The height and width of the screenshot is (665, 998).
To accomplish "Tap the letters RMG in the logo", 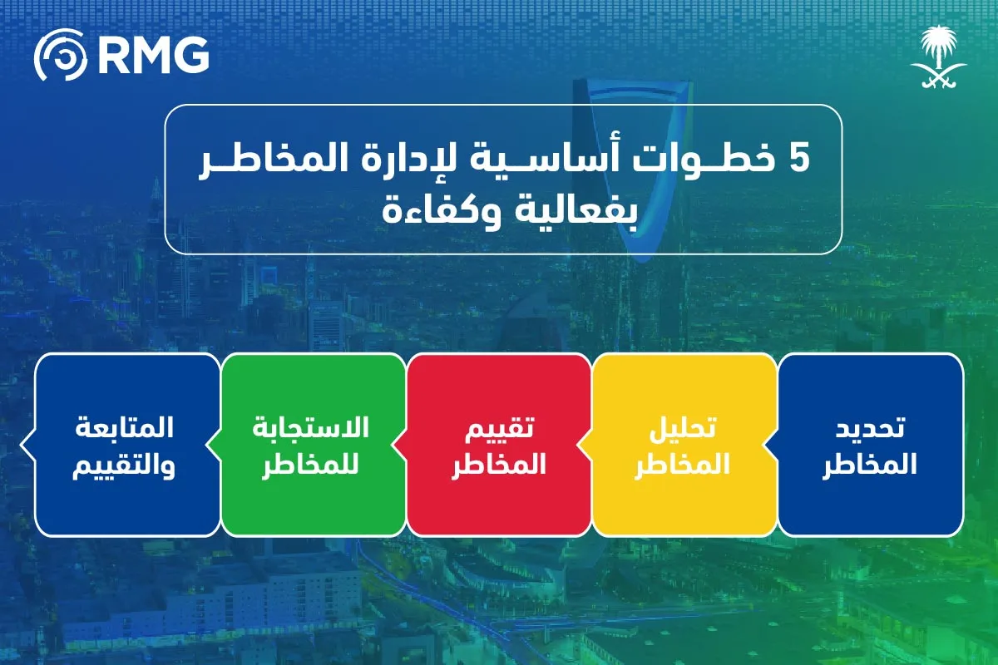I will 152,56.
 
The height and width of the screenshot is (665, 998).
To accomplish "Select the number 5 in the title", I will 798,160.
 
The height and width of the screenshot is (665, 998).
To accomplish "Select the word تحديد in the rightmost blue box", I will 870,429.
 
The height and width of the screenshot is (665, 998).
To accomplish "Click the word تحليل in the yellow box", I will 682,429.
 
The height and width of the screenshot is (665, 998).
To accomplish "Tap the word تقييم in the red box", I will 498,429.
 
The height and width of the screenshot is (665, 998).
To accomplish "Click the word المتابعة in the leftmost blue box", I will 127,429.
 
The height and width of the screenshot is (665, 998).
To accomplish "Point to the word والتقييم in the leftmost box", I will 126,465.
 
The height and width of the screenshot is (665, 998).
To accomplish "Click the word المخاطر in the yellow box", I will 682,465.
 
